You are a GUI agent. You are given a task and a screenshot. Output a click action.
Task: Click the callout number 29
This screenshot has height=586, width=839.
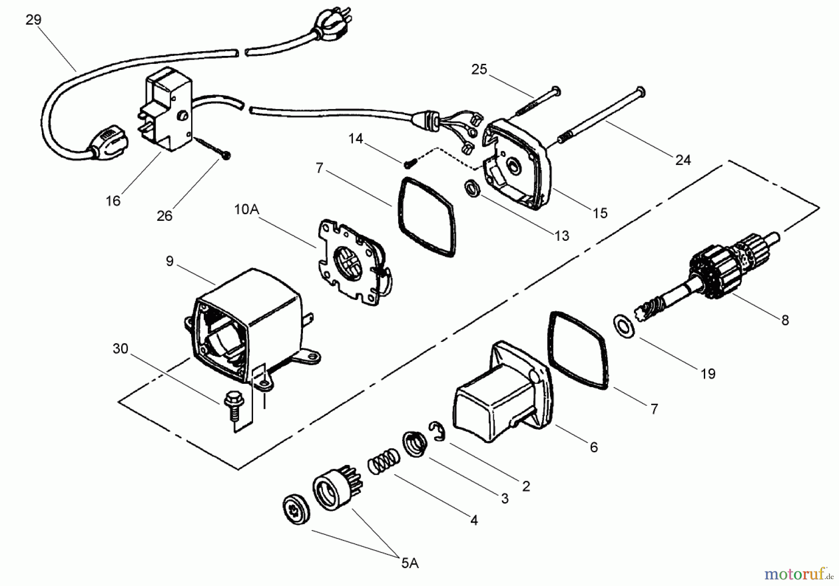34,20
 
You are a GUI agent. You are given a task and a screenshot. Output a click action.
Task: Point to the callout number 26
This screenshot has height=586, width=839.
164,216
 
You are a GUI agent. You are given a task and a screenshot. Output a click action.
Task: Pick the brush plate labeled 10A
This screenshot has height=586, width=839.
354,263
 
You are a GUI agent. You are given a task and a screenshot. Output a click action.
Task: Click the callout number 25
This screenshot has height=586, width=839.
479,69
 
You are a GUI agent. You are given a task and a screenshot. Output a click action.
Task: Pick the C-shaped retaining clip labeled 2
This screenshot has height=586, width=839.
437,430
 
